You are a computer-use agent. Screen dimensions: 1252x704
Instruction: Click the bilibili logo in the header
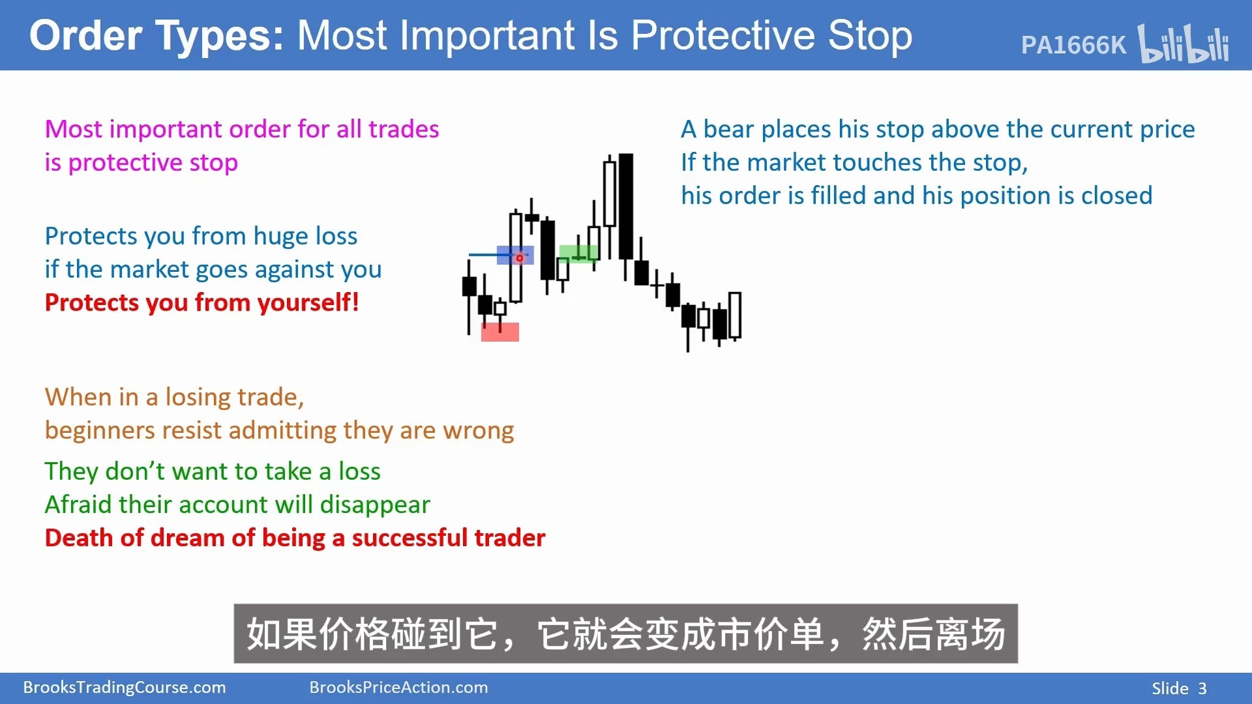coord(1183,44)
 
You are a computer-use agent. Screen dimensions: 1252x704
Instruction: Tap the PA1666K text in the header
coord(1073,45)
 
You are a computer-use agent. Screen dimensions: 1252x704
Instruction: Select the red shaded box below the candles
coord(500,332)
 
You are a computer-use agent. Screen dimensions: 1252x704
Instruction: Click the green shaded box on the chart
coord(578,253)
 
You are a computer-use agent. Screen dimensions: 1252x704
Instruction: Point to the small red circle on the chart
coord(520,258)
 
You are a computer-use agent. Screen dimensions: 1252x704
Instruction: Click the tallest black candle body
coord(626,206)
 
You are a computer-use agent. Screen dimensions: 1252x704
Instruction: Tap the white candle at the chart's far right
coord(735,315)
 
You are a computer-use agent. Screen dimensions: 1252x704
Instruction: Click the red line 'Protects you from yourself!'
coord(202,303)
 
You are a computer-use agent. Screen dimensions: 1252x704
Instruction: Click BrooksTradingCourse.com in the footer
coord(125,688)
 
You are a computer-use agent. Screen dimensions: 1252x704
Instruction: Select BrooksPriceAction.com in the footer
coord(398,688)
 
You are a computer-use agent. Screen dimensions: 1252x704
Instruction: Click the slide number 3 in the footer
coord(1202,688)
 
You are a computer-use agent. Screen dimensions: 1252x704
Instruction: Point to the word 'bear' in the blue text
coord(728,130)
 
